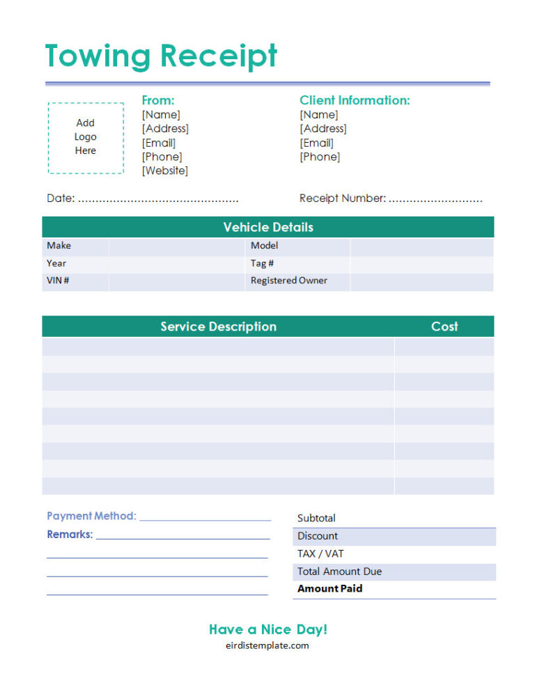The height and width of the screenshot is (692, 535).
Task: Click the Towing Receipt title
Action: pyautogui.click(x=161, y=56)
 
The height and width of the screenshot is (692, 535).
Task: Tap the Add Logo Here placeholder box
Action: pyautogui.click(x=86, y=137)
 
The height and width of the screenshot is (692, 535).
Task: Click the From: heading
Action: pyautogui.click(x=158, y=100)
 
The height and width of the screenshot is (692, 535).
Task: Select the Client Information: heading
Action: pyautogui.click(x=355, y=100)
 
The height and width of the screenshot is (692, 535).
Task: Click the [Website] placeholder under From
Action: pyautogui.click(x=165, y=171)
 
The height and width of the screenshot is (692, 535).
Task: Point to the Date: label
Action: pyautogui.click(x=61, y=198)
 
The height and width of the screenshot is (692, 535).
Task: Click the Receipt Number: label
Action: pyautogui.click(x=342, y=198)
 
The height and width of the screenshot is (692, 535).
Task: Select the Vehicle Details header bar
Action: pyautogui.click(x=268, y=227)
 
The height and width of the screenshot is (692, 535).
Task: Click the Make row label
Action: pyautogui.click(x=59, y=246)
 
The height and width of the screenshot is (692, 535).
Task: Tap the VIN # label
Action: pyautogui.click(x=58, y=281)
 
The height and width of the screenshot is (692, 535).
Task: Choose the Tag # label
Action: pyautogui.click(x=262, y=263)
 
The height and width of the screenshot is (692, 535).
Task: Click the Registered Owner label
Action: pyautogui.click(x=289, y=281)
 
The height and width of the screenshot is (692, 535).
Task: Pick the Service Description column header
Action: pyautogui.click(x=218, y=327)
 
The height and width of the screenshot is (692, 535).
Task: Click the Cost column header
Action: pyautogui.click(x=444, y=327)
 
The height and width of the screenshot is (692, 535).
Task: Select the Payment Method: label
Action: pyautogui.click(x=91, y=516)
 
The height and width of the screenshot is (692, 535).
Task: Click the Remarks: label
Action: pyautogui.click(x=70, y=535)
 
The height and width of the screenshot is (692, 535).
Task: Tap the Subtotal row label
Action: pyautogui.click(x=316, y=518)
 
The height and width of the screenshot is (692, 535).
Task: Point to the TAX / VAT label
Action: pyautogui.click(x=320, y=553)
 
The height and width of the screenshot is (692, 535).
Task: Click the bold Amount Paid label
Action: pyautogui.click(x=329, y=588)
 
